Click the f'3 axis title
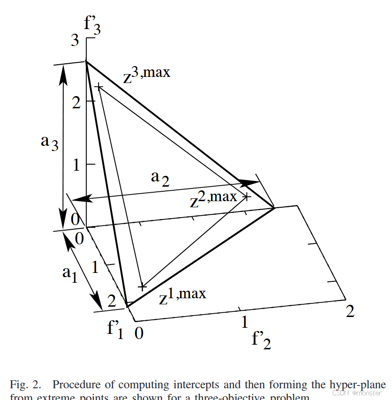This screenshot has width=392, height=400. (92, 26)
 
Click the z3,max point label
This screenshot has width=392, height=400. (146, 75)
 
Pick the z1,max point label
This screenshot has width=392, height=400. (182, 296)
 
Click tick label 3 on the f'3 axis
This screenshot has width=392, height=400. (75, 41)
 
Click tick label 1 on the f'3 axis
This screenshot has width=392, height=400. (76, 165)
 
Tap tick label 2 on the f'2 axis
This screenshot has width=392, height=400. (350, 311)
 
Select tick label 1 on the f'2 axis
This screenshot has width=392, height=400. (244, 322)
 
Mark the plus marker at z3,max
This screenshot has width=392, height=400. (98, 86)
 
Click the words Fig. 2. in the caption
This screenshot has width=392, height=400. (25, 385)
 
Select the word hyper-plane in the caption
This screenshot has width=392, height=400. (358, 385)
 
